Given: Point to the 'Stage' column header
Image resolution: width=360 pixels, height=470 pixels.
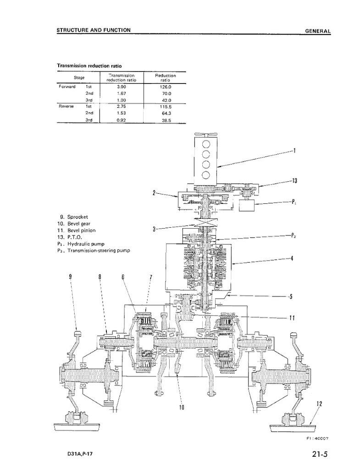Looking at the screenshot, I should [x=78, y=78].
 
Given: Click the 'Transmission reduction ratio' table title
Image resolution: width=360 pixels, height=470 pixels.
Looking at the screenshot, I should [x=89, y=65].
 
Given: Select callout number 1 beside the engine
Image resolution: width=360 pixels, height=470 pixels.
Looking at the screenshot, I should [x=294, y=151].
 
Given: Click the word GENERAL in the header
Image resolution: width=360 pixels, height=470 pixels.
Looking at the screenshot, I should [x=318, y=31].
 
